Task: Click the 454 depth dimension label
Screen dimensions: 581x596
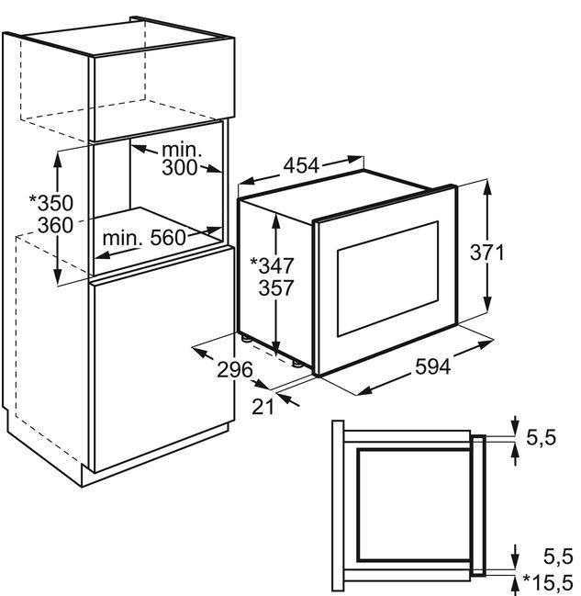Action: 301,165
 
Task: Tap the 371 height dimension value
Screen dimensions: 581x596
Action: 486,252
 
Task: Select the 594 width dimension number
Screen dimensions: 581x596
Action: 433,366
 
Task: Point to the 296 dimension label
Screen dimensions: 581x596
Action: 235,369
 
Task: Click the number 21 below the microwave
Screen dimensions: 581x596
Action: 263,407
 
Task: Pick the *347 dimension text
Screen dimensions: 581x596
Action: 272,265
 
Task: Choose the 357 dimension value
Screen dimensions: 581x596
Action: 276,287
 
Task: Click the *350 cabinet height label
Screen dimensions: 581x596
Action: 51,203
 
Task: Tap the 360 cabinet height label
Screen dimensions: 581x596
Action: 55,225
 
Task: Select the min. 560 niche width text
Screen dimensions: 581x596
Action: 144,238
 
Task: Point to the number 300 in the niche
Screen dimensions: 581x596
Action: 180,167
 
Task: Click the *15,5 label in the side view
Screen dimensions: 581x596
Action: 548,582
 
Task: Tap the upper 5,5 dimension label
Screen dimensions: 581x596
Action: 542,437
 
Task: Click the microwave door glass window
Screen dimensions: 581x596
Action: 388,279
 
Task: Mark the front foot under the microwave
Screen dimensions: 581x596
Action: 296,365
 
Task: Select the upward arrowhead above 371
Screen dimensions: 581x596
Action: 487,188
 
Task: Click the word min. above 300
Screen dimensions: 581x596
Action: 182,150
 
